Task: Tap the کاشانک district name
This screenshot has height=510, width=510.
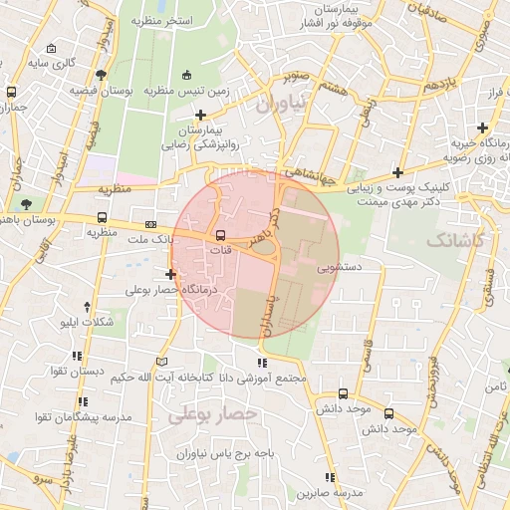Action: pyautogui.click(x=453, y=240)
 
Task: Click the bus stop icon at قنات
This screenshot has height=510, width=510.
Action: pyautogui.click(x=220, y=235)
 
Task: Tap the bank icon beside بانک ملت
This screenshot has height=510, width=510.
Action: pyautogui.click(x=150, y=225)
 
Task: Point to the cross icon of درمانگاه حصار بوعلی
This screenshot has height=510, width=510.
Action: pyautogui.click(x=171, y=274)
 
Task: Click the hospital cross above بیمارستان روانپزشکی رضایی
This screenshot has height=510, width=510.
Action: pyautogui.click(x=202, y=116)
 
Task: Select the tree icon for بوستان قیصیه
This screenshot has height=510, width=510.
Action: pyautogui.click(x=101, y=75)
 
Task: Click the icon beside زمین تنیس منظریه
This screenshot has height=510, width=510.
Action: pyautogui.click(x=187, y=75)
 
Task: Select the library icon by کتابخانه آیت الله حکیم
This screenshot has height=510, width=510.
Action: pyautogui.click(x=163, y=361)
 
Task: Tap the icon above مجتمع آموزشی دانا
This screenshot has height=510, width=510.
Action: pyautogui.click(x=262, y=364)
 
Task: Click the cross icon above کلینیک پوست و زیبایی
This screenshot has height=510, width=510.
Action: pyautogui.click(x=397, y=171)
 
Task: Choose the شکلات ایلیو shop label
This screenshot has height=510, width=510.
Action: pyautogui.click(x=87, y=324)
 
